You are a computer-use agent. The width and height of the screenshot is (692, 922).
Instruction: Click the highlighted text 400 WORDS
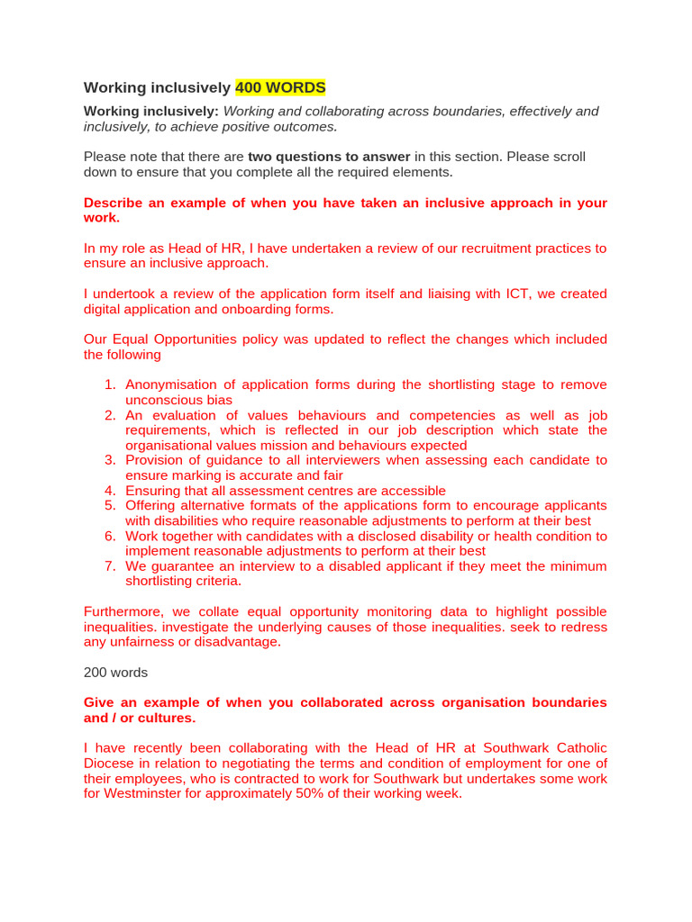(280, 87)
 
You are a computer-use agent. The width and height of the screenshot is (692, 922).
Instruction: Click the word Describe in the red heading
(114, 203)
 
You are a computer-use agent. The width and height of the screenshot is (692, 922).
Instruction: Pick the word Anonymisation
(177, 384)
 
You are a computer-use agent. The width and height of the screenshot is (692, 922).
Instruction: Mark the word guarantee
(180, 566)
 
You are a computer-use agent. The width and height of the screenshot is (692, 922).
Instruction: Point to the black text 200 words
(115, 672)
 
